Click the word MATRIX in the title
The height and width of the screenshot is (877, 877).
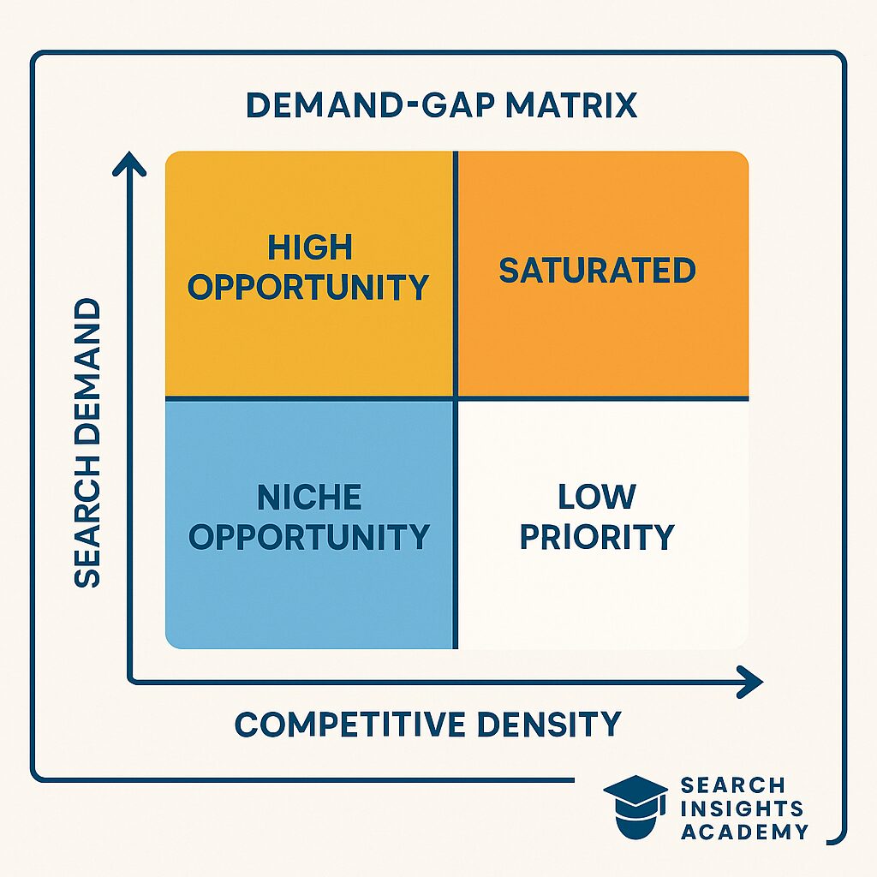tap(571, 104)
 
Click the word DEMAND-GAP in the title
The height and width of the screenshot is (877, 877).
tap(370, 104)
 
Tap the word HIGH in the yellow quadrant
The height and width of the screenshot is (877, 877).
tap(310, 248)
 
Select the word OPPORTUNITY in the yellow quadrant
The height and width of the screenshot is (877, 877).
tap(308, 287)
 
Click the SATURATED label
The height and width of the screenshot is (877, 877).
tap(597, 270)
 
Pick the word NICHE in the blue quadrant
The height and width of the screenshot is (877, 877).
tap(309, 497)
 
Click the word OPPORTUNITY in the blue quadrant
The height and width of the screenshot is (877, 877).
tap(309, 536)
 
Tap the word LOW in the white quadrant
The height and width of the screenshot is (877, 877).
tap(597, 497)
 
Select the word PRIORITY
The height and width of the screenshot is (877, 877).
tap(597, 536)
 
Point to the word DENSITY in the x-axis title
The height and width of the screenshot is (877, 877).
tap(549, 724)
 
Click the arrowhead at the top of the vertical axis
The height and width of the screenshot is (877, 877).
tap(129, 161)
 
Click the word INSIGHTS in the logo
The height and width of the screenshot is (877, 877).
tap(743, 808)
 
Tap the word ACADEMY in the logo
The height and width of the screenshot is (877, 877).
tap(745, 832)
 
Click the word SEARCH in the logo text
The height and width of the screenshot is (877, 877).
tap(733, 785)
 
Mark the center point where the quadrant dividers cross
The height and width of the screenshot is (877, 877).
tap(456, 398)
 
